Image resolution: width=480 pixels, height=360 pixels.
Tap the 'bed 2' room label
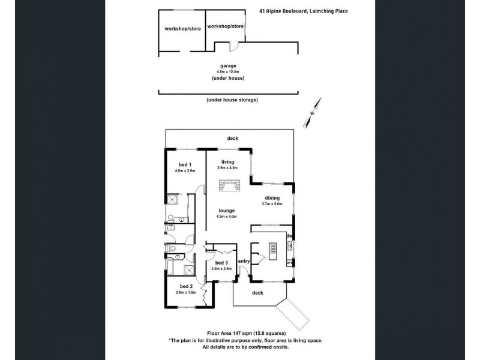point(185,286)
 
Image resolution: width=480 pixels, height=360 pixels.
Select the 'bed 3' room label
point(221,263)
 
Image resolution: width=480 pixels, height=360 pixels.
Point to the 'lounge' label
point(227,210)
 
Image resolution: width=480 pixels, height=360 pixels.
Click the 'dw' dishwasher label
point(289,236)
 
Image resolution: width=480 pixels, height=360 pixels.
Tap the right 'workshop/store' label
point(224,26)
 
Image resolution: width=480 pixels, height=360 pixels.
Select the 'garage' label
point(228,65)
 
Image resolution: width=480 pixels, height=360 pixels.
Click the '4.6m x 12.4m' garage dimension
point(228,72)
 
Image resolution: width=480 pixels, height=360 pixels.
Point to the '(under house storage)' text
point(232,100)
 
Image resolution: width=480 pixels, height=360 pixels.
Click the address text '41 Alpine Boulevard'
point(284,11)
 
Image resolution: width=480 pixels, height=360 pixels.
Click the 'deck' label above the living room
point(232,139)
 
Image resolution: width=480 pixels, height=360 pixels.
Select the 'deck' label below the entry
point(257,293)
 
